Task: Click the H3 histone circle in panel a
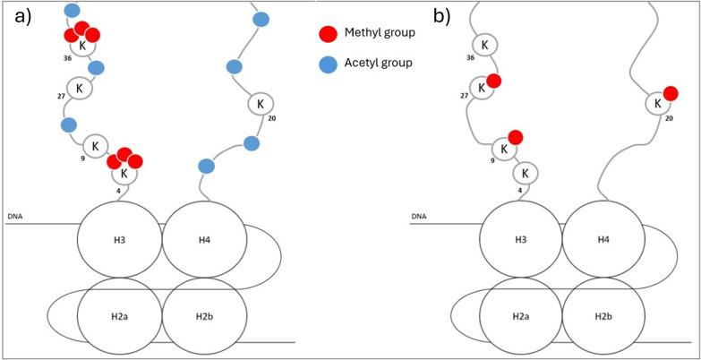coord(119,241)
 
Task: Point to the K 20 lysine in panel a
coord(260,105)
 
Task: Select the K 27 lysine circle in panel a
coord(80,88)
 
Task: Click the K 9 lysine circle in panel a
coord(96,145)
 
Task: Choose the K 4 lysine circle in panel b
coord(526,173)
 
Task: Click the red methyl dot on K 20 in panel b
coord(671,92)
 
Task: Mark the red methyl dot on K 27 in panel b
coord(493,81)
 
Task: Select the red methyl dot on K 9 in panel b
coord(515,137)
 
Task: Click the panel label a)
coord(18,15)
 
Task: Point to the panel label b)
coord(443,15)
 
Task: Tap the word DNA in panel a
coord(15,216)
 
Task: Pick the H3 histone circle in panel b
coord(521,241)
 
